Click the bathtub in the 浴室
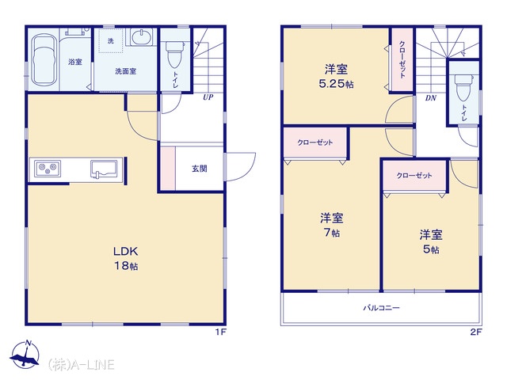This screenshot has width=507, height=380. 44,63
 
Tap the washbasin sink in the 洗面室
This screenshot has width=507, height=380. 142,36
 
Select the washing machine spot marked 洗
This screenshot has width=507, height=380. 111,40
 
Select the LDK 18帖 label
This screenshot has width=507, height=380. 126,258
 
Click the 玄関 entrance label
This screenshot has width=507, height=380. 199,169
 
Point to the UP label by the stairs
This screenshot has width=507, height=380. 208,97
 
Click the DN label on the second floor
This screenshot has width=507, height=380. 431,98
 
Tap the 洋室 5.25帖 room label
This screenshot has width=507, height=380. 336,76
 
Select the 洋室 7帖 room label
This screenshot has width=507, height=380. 331,225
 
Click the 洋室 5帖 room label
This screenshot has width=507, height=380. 431,241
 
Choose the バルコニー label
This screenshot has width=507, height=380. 381,307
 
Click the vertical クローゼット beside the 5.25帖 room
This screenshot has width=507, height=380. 402,60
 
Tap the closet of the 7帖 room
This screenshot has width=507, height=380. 315,142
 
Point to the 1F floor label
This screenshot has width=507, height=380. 221,332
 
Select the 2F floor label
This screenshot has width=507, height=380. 476,332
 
